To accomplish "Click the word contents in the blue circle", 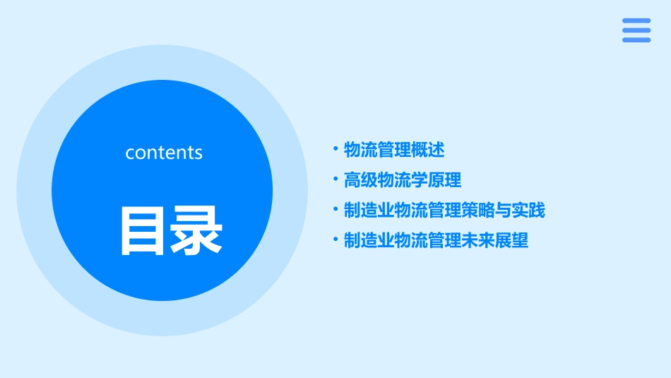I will [164, 153].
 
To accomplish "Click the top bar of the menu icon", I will [636, 20].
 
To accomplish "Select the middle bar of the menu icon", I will [636, 30].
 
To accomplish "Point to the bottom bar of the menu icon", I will [636, 40].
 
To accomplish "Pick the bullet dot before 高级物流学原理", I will [335, 179].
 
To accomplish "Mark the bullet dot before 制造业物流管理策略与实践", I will [335, 210].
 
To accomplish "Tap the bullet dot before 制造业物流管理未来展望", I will [335, 240].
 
